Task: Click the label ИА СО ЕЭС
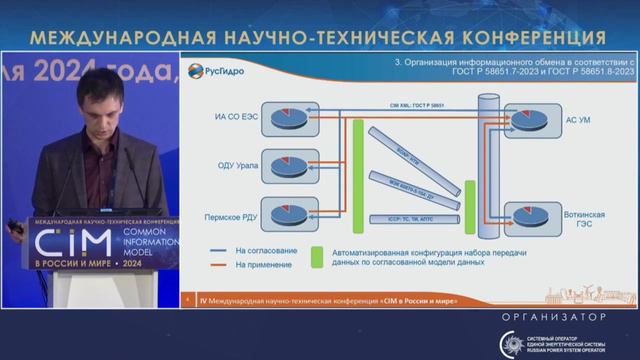point(236,119)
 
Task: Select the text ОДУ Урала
point(239,166)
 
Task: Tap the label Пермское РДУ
point(233,213)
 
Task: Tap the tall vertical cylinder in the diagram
point(488,165)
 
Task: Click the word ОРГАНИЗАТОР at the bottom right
point(556,316)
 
